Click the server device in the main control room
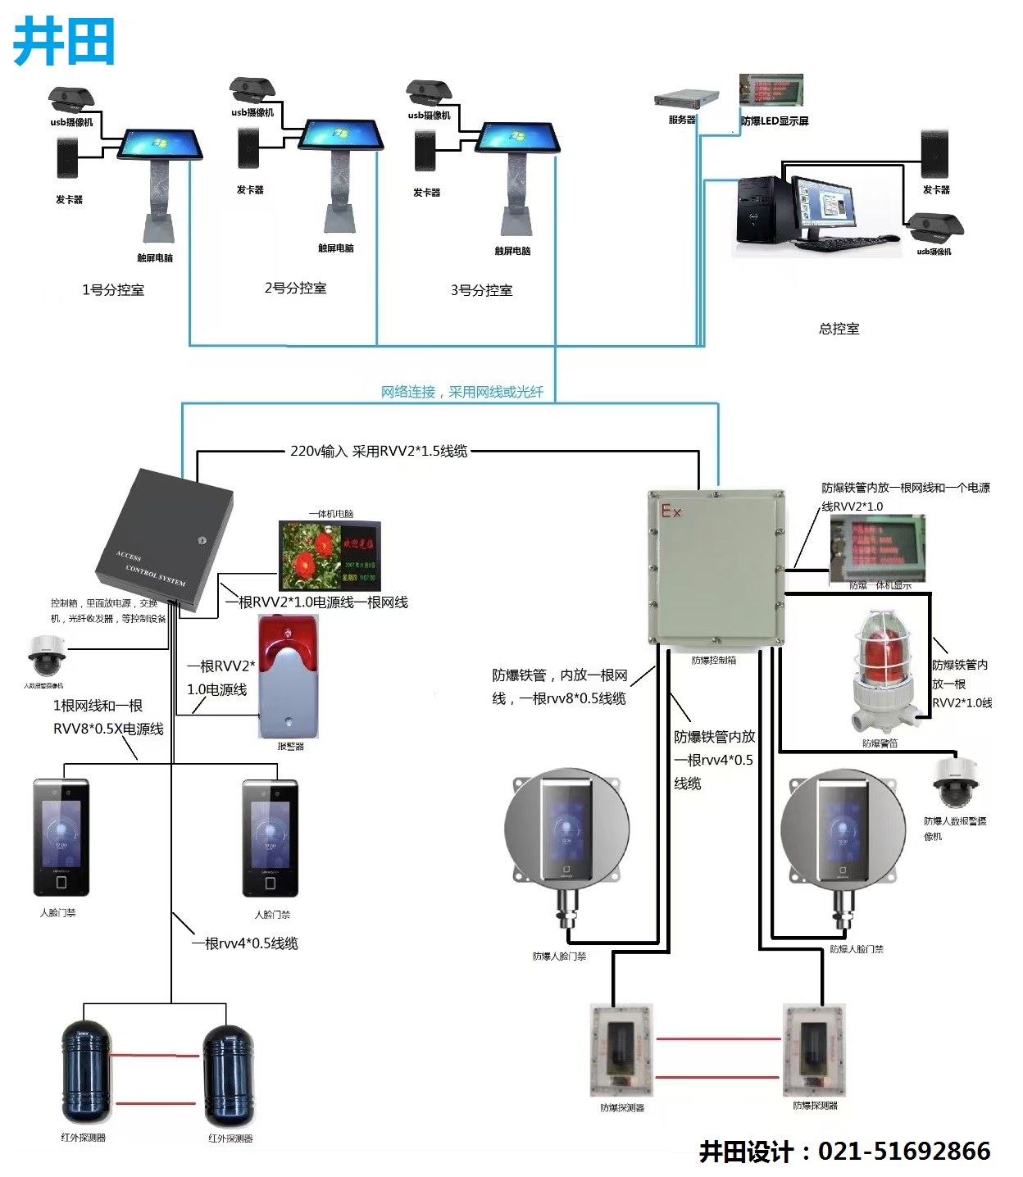[686, 99]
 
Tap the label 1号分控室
[113, 290]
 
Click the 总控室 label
[839, 329]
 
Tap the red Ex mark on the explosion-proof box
[671, 511]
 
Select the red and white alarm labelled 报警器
[288, 677]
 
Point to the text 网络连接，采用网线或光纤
[461, 392]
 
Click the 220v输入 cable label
[379, 451]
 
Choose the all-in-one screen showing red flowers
[330, 556]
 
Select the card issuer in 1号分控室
[67, 157]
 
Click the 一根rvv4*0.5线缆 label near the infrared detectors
[244, 943]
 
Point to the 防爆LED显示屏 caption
[775, 121]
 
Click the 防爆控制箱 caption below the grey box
[713, 660]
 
